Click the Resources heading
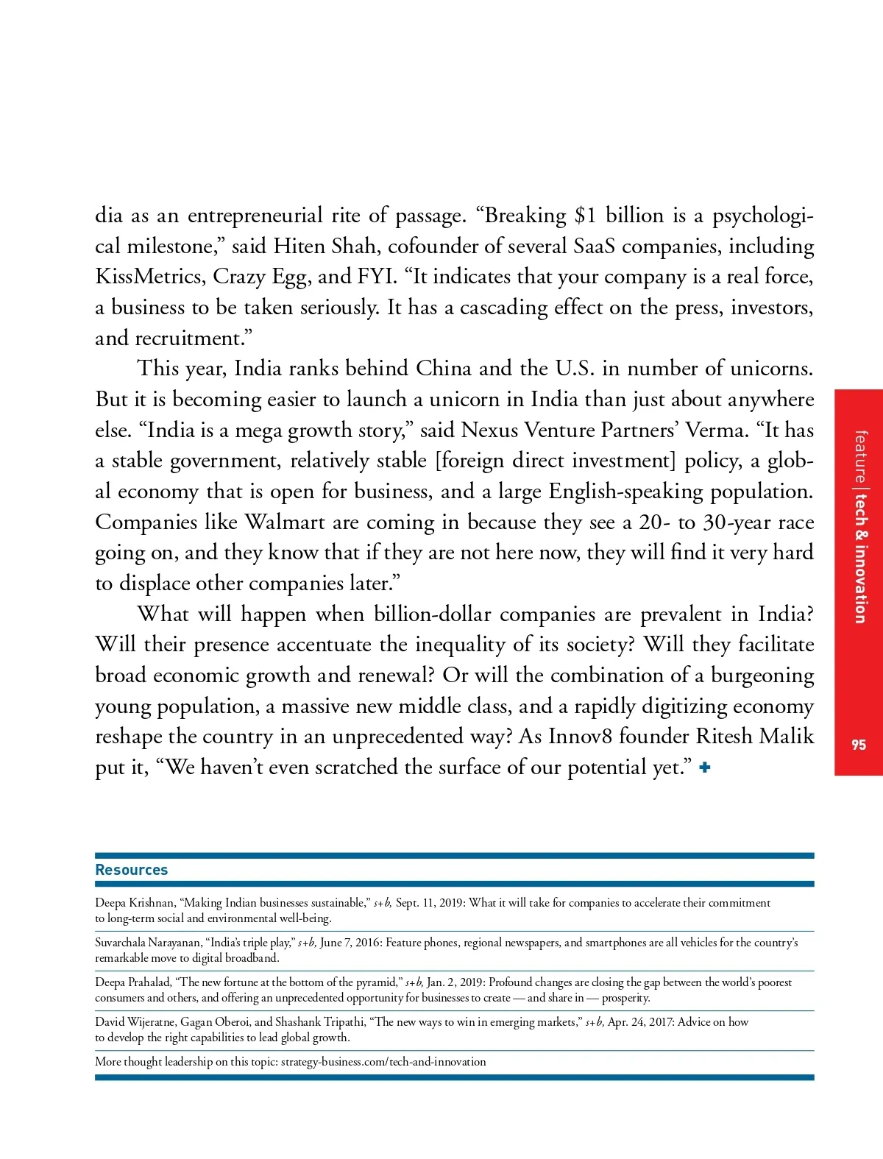(x=131, y=870)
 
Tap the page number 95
(x=859, y=745)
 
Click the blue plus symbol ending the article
(x=705, y=768)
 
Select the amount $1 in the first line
(x=586, y=216)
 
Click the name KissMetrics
(x=151, y=277)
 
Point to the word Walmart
(x=285, y=522)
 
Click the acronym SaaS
(x=594, y=247)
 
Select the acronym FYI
(x=377, y=277)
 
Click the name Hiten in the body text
(x=299, y=247)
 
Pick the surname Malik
(x=787, y=737)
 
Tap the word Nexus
(x=490, y=430)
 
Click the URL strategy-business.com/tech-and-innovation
(x=383, y=1062)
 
